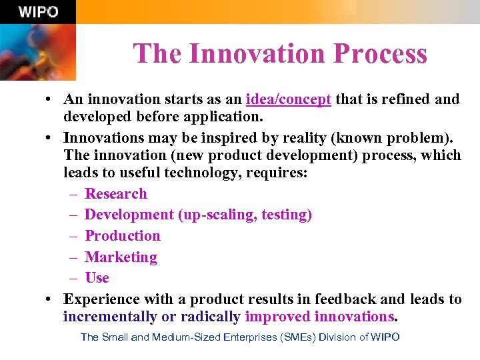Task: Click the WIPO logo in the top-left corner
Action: point(38,12)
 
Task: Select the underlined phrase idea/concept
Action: point(288,99)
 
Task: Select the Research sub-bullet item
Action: point(116,194)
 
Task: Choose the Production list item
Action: point(123,236)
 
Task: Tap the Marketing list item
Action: point(121,257)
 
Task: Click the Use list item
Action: point(97,278)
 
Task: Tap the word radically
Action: point(211,317)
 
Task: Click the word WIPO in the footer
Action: point(385,337)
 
